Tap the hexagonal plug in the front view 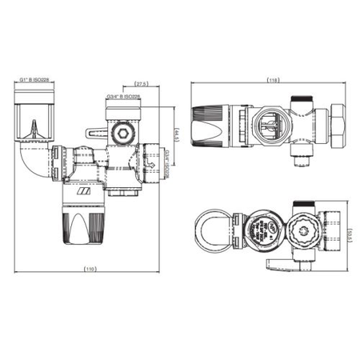coord(122,130)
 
